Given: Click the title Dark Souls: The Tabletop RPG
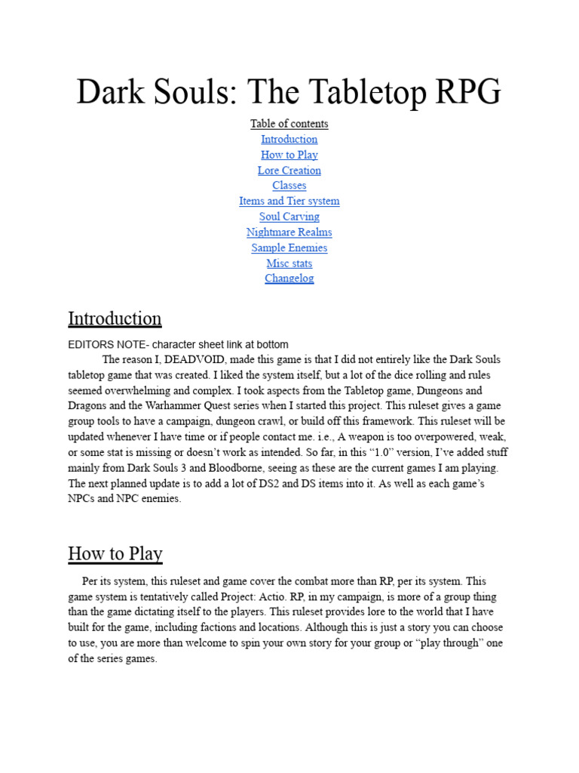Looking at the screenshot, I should pos(289,91).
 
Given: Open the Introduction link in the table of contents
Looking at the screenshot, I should pos(289,139).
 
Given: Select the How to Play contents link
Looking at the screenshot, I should pos(289,155).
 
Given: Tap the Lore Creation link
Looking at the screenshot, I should pos(289,171).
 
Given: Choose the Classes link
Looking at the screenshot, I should pos(289,186).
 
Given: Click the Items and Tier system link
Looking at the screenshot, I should pos(289,201).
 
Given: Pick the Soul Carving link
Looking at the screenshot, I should pos(289,217).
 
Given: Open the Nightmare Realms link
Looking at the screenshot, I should pos(289,233).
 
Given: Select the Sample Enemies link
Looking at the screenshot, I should pos(289,248).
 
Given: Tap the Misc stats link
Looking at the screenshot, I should pos(289,263).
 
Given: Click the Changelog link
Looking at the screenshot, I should pos(289,279).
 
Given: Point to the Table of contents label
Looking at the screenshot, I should pos(289,124).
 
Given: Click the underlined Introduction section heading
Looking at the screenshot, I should pos(115,319).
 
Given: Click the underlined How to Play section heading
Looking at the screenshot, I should pos(115,553).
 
